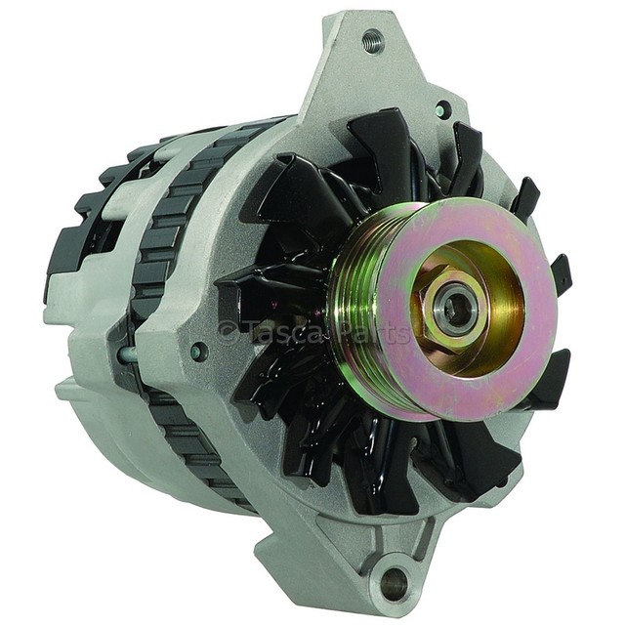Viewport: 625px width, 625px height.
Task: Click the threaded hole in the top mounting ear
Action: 373,40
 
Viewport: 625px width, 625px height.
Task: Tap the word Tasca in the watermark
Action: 280,332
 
